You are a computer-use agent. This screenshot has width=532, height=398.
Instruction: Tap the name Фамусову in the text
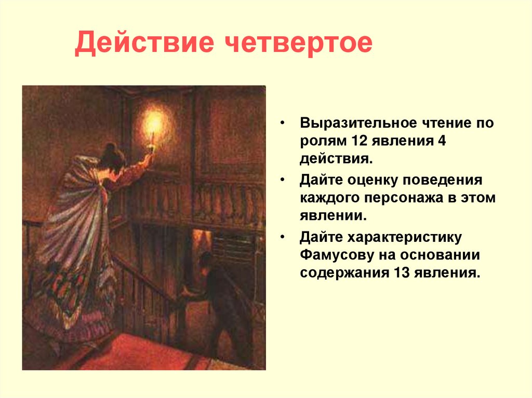pyautogui.click(x=338, y=254)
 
